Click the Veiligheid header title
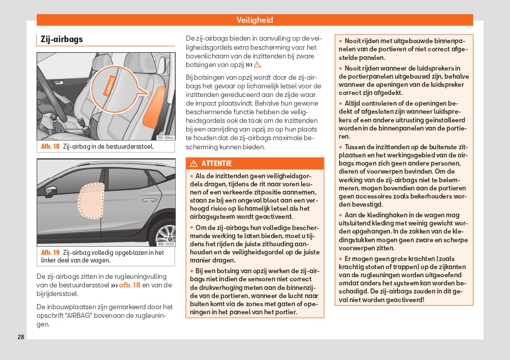(254, 20)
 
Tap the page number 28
(21, 337)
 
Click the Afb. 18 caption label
(50, 147)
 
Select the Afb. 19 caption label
(50, 252)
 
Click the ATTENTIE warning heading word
(216, 163)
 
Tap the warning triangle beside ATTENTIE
(194, 163)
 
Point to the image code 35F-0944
(165, 137)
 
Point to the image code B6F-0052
(165, 243)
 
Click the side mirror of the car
(51, 191)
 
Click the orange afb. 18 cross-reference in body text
(129, 285)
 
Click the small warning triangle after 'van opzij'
(257, 65)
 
